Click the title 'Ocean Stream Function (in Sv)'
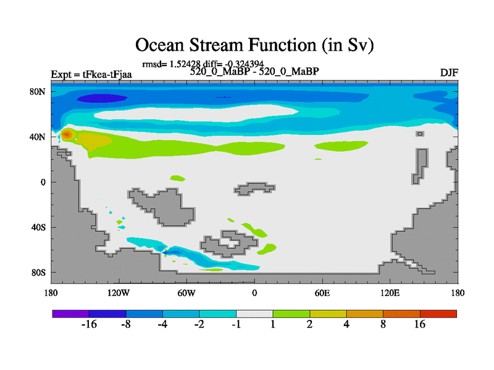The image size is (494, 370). [254, 45]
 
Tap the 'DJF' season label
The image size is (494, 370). [449, 73]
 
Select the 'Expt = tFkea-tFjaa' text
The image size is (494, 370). [91, 75]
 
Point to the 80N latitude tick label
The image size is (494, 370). [38, 92]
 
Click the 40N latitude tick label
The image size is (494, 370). [38, 137]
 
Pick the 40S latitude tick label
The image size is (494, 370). [38, 227]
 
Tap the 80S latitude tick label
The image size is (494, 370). [38, 273]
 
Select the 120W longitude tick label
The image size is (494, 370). [119, 294]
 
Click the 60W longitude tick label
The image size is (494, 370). [186, 294]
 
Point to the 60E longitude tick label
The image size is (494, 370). [322, 294]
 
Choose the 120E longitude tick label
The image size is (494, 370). [390, 294]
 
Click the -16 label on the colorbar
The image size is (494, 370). [89, 324]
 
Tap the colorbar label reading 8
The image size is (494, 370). [383, 324]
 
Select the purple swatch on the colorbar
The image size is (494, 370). [71, 314]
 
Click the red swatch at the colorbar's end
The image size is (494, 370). [438, 314]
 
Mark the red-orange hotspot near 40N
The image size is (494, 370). [67, 135]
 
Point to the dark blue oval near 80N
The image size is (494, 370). [102, 99]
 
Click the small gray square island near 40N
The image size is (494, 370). [420, 134]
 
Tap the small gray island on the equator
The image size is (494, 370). [254, 189]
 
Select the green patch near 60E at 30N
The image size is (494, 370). [341, 146]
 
